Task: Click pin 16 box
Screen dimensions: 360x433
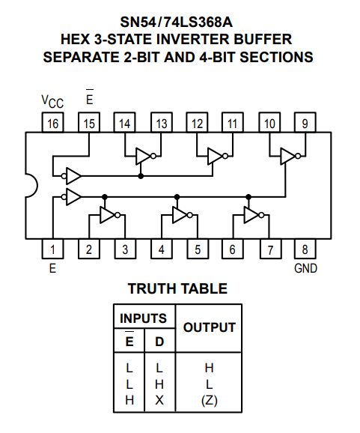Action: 52,122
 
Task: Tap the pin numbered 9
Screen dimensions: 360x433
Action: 305,122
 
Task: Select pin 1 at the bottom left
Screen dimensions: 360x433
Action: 52,249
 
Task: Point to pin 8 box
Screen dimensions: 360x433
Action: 305,249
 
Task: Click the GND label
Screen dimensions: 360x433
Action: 305,268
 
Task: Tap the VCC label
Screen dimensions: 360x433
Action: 52,101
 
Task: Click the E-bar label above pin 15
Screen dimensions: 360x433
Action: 89,97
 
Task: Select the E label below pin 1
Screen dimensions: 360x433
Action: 52,268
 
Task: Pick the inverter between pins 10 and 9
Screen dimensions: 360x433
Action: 290,157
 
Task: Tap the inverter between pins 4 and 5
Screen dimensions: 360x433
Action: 182,215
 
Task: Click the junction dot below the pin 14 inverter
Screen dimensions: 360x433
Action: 141,176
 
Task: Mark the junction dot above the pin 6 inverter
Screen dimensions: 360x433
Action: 248,197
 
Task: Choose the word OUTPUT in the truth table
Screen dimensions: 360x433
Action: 210,327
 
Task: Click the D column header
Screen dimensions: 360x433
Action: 159,342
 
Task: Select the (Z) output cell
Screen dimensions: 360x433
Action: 210,401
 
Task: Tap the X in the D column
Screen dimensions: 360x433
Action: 159,400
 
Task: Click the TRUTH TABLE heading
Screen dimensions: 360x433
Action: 177,289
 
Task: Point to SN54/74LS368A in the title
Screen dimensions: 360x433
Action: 177,22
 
